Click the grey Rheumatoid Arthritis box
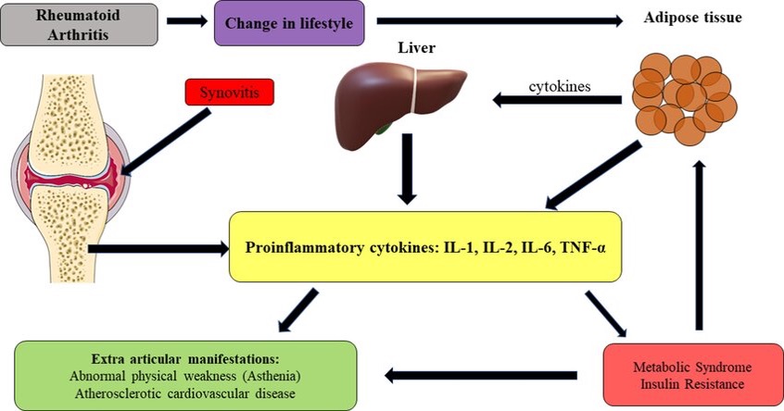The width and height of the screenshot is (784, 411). click(79, 24)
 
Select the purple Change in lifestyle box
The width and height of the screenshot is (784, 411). click(289, 23)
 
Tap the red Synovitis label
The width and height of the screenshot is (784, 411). click(230, 93)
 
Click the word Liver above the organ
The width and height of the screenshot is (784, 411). click(416, 48)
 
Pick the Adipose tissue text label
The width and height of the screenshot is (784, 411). click(692, 18)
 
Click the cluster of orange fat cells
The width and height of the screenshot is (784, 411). click(684, 99)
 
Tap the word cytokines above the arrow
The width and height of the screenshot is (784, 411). click(560, 86)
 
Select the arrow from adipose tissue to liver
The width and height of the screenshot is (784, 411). click(557, 100)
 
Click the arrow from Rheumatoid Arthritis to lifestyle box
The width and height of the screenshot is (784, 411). click(186, 21)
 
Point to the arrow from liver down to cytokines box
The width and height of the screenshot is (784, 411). click(407, 168)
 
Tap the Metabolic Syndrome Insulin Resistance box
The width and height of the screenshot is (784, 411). click(692, 375)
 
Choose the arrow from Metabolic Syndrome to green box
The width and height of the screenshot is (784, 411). click(481, 376)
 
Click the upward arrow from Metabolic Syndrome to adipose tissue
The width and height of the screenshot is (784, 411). click(699, 245)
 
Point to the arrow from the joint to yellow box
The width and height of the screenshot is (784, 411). click(158, 249)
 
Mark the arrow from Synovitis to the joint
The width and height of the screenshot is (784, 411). click(166, 143)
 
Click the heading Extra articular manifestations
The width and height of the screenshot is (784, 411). click(185, 359)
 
